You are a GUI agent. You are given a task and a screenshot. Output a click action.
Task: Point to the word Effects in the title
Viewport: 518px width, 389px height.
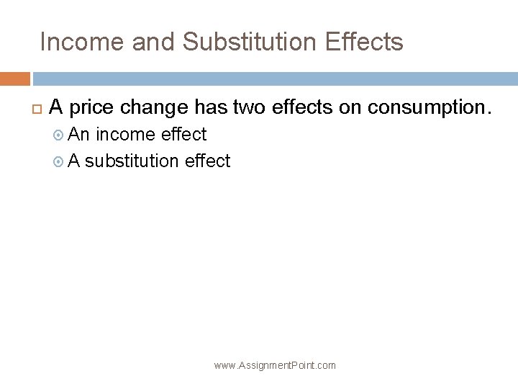[364, 43]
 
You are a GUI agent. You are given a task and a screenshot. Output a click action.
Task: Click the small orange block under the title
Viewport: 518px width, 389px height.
[14, 79]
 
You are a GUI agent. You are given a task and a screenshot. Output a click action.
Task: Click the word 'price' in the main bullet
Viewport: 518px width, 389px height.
[93, 108]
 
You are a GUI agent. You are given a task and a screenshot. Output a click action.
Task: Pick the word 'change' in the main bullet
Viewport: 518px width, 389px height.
[155, 108]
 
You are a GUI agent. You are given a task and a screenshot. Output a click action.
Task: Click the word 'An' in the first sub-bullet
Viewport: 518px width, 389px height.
[79, 135]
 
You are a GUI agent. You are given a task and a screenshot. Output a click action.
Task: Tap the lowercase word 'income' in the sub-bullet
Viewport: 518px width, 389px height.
[127, 135]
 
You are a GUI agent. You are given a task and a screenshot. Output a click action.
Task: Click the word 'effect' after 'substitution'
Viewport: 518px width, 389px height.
[207, 161]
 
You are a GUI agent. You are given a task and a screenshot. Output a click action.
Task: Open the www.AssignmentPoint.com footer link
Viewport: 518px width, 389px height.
[275, 365]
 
